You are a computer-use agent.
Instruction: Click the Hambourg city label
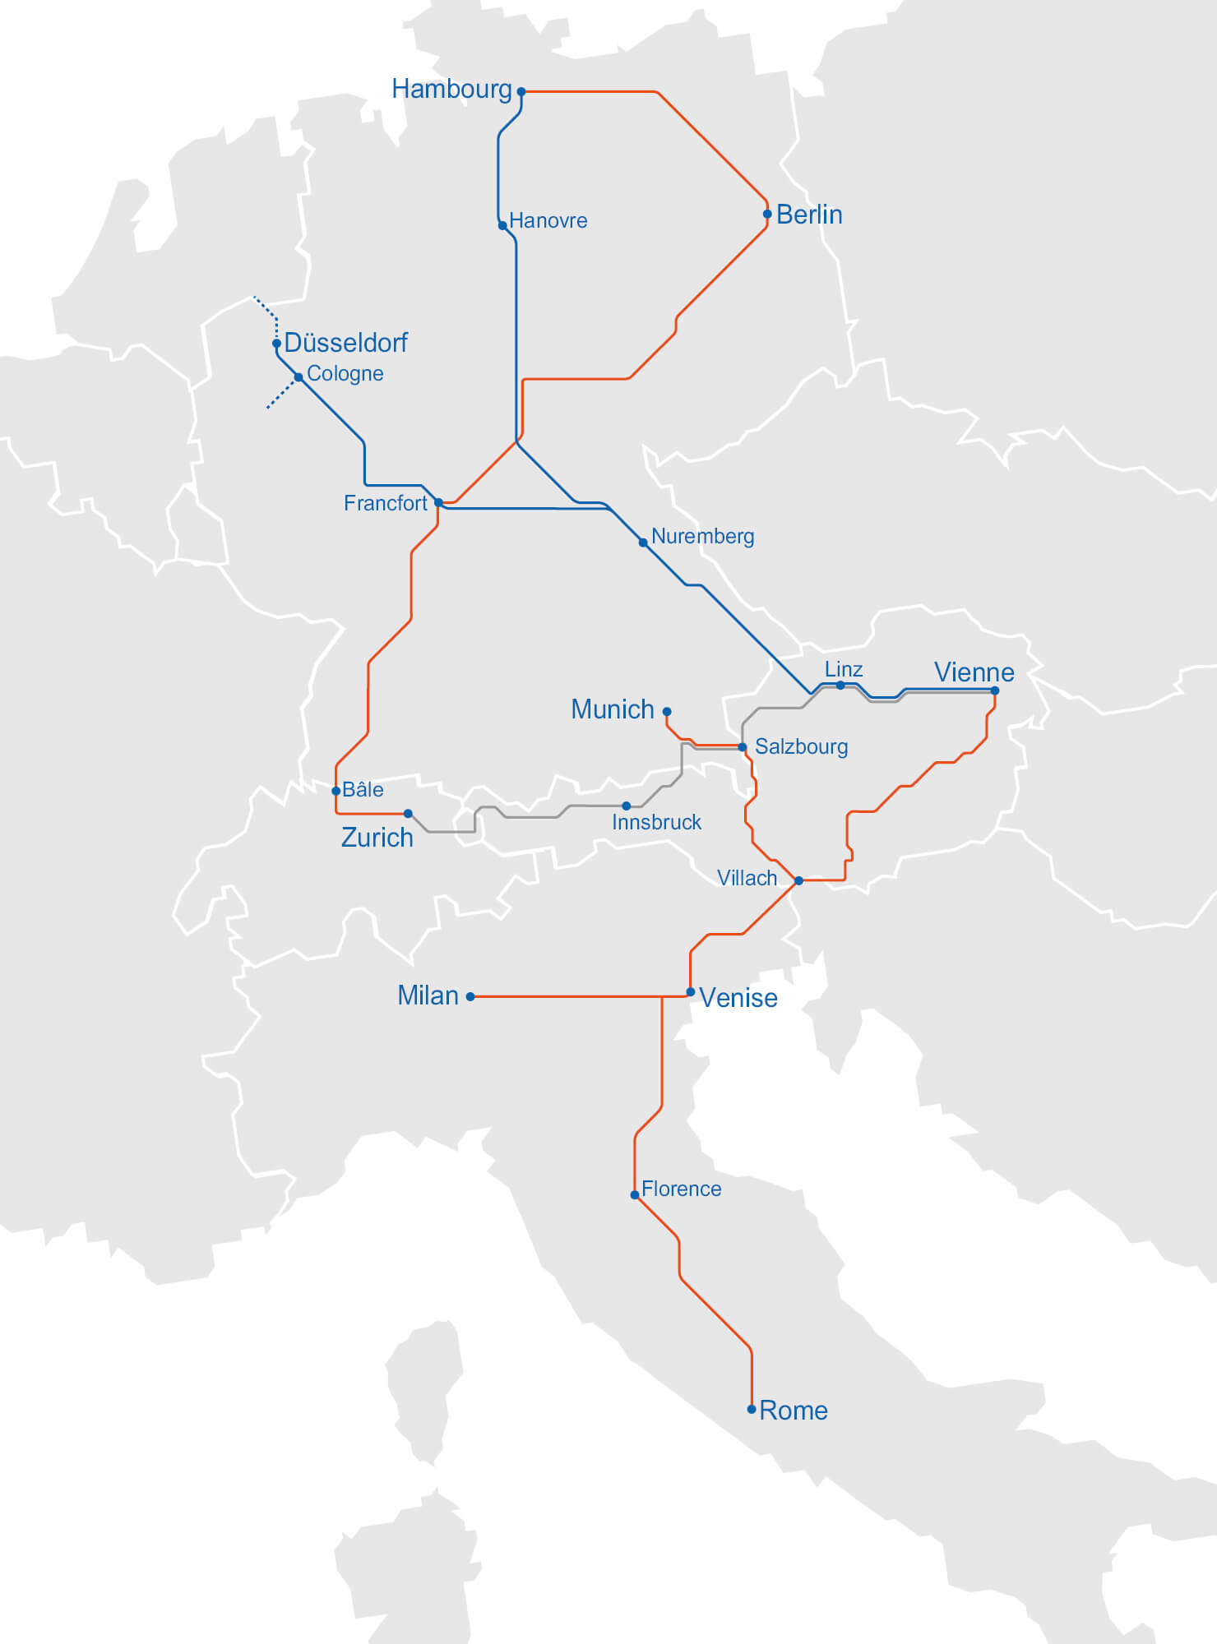click(451, 89)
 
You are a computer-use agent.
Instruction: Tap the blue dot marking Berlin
click(767, 214)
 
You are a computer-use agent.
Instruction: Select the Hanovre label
click(548, 220)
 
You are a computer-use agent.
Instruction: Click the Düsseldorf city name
click(345, 342)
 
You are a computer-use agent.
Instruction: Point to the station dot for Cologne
click(298, 377)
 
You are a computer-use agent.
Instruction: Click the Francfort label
click(385, 503)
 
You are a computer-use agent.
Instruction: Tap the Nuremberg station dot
click(643, 543)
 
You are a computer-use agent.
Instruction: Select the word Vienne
click(974, 672)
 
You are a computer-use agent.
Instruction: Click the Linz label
click(844, 669)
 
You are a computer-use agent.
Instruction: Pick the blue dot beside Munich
click(667, 712)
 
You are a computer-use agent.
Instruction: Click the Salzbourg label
click(801, 746)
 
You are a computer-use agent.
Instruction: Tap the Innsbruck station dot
click(627, 806)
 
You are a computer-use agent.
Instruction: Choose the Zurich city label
click(377, 838)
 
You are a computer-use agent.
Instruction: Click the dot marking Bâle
click(336, 791)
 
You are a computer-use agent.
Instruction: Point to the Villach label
click(747, 878)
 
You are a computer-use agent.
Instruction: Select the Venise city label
click(738, 998)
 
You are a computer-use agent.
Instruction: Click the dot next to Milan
click(470, 996)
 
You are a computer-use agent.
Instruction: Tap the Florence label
click(681, 1189)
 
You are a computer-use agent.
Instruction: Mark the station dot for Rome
click(752, 1409)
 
